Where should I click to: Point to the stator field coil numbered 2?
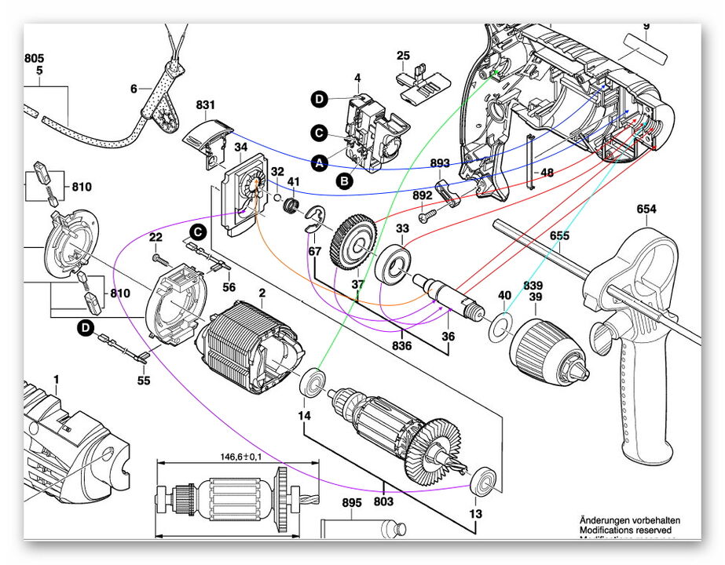(x=249, y=345)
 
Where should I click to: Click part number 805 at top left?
(x=34, y=58)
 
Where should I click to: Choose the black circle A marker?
(x=319, y=163)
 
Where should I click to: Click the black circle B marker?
(x=344, y=180)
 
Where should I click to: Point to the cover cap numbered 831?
(x=207, y=138)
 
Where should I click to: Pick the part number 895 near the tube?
(x=351, y=504)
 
